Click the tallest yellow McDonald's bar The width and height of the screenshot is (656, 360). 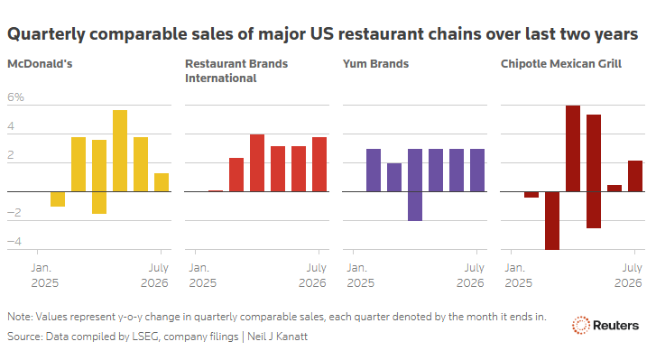(x=120, y=151)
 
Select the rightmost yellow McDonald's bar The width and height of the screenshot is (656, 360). (x=162, y=182)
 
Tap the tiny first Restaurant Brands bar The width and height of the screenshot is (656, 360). (x=216, y=191)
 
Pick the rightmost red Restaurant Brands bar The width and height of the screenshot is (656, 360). (x=319, y=164)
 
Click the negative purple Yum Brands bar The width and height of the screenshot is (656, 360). (x=415, y=206)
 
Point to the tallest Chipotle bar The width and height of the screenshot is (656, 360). (x=573, y=149)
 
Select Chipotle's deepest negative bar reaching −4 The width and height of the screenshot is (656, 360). (x=552, y=221)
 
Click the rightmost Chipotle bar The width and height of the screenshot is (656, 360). (x=635, y=176)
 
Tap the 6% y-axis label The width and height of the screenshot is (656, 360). (x=15, y=97)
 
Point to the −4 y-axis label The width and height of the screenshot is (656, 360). (x=14, y=242)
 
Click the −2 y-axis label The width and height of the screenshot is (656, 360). (x=14, y=212)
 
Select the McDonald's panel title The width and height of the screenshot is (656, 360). (x=40, y=64)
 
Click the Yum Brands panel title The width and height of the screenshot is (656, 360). (x=375, y=64)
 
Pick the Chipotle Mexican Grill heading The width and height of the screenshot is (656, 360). (x=561, y=64)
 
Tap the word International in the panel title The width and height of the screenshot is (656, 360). (x=221, y=78)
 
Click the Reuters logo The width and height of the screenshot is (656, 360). (x=605, y=326)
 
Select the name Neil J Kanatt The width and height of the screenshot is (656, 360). (x=277, y=337)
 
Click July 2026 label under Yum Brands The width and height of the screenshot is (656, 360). (x=470, y=275)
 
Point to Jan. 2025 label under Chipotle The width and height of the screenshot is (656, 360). (x=518, y=275)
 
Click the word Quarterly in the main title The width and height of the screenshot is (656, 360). (x=46, y=34)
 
